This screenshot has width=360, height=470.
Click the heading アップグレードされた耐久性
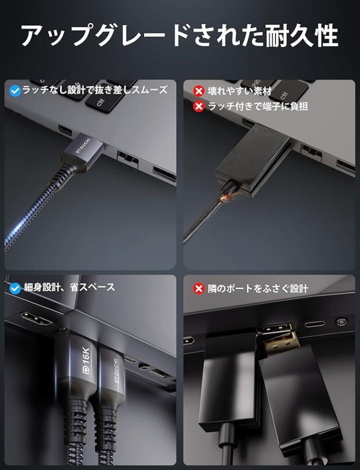179,36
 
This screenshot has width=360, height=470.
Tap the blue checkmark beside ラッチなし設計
15,90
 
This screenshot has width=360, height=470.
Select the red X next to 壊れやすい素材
198,90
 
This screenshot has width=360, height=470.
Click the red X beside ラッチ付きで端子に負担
198,106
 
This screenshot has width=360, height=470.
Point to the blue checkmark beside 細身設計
15,288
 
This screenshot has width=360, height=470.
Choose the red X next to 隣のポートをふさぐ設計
198,289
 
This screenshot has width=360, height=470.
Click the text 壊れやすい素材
239,90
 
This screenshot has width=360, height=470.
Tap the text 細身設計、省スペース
69,287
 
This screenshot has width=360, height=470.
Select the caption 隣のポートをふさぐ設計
258,289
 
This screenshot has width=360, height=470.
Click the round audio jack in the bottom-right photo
341,322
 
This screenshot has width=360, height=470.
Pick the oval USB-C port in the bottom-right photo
315,324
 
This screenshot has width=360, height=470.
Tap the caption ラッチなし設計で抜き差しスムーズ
94,90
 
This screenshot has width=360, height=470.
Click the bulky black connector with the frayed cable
253,160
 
